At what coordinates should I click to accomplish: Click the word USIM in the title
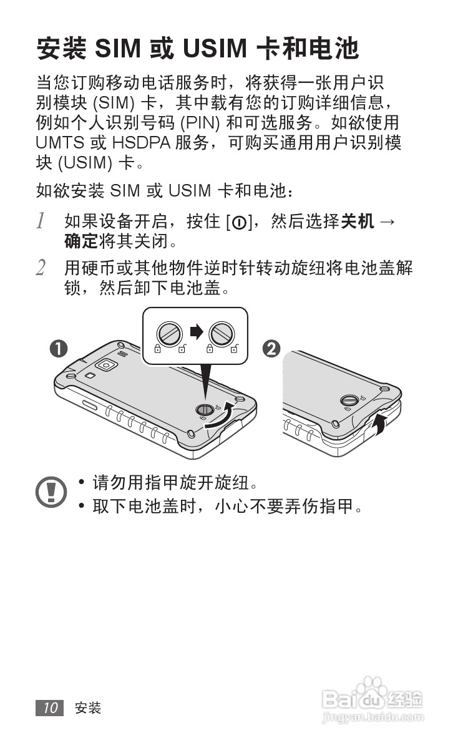click(x=214, y=49)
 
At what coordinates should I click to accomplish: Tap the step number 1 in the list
click(x=41, y=221)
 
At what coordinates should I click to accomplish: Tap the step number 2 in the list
click(x=41, y=269)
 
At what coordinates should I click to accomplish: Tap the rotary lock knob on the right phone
click(x=349, y=400)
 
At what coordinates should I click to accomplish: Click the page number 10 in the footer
click(x=50, y=707)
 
